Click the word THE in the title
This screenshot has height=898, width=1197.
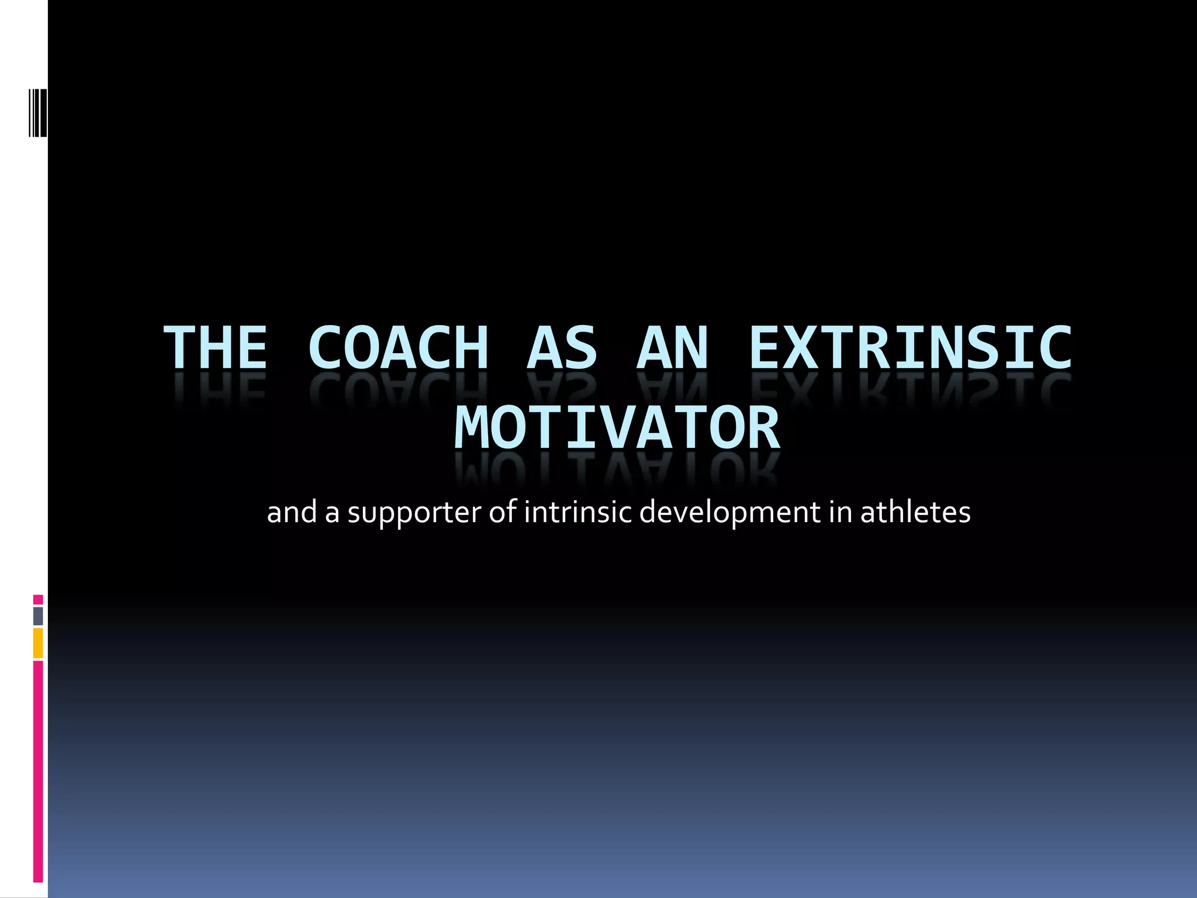(216, 348)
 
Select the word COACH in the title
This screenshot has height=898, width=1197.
(398, 348)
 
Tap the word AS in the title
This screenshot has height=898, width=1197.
(562, 348)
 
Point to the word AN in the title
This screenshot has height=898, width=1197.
(672, 348)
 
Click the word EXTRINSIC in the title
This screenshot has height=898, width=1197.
(910, 348)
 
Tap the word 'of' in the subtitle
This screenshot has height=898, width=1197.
(503, 513)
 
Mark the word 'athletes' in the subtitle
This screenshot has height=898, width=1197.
(915, 513)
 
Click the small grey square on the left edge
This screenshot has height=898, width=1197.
(38, 616)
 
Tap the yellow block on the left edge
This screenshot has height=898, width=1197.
(38, 643)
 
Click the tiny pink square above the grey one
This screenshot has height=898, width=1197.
(38, 599)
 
